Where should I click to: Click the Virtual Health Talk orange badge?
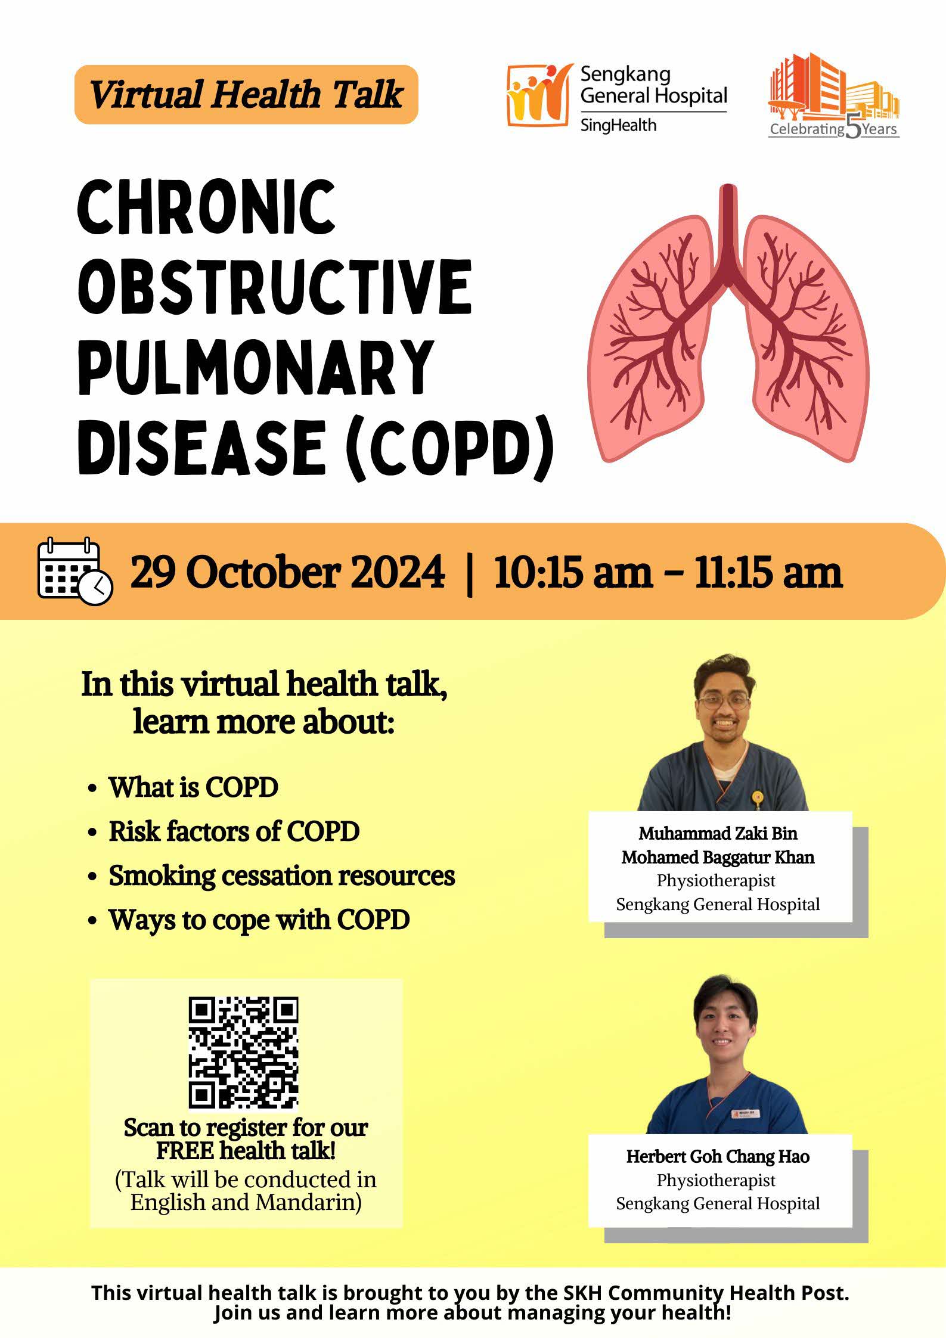[x=246, y=95]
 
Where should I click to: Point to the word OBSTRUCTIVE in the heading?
[x=275, y=287]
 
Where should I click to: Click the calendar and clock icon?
[x=75, y=571]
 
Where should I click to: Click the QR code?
[x=243, y=1054]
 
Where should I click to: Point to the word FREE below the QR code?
[x=185, y=1150]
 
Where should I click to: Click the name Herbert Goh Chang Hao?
[x=718, y=1157]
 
